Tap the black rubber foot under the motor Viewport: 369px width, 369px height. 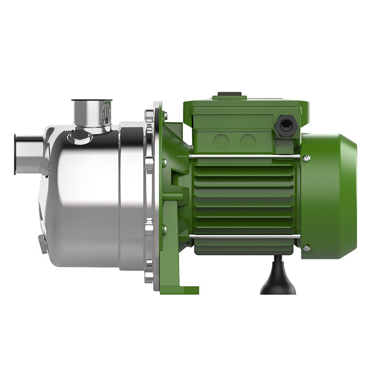tap(274, 278)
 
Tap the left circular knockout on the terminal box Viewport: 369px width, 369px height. tap(221, 141)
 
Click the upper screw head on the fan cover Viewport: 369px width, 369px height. tap(306, 158)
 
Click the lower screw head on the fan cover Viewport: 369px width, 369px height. tap(306, 248)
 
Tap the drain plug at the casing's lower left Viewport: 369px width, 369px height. tap(43, 244)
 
